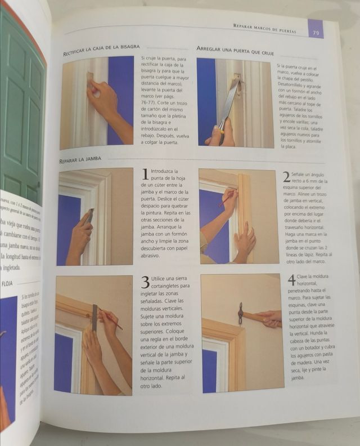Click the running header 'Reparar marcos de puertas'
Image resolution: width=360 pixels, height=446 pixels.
(x=264, y=28)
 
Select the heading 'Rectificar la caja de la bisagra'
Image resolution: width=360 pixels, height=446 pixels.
(x=101, y=50)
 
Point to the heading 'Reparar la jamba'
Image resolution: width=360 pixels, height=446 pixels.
(x=80, y=160)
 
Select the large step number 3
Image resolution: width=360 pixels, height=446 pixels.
(x=144, y=282)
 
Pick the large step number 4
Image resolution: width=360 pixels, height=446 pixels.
(x=291, y=280)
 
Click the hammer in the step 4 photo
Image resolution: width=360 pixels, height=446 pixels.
(x=241, y=313)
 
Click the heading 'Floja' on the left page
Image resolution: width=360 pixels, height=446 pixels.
(x=8, y=284)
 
